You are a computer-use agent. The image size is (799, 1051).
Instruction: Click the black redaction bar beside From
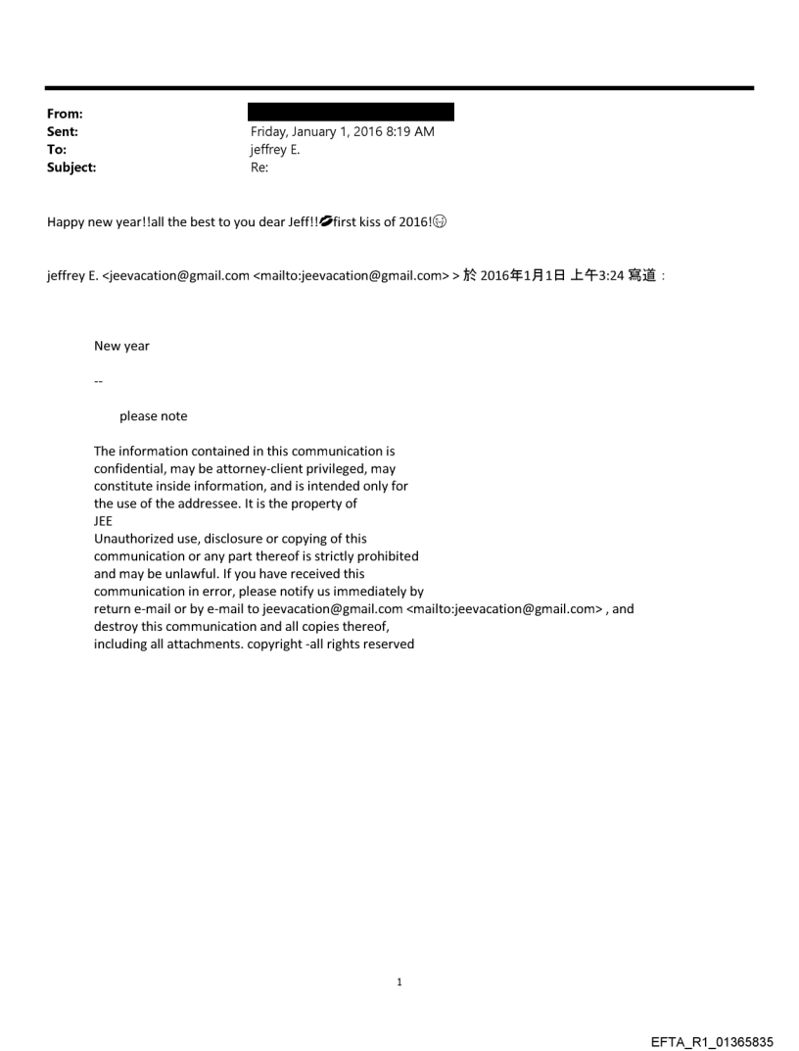[x=352, y=112]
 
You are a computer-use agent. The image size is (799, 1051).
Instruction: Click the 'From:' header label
[x=65, y=114]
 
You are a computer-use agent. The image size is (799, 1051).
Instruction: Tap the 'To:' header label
[x=57, y=150]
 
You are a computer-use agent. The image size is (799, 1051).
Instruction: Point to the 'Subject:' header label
[x=71, y=167]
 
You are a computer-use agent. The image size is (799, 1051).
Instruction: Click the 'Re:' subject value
[x=259, y=167]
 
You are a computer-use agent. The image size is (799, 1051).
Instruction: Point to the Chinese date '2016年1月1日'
[x=521, y=276]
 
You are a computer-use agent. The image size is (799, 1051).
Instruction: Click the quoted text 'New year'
[x=121, y=346]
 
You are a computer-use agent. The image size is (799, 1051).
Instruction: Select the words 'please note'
[x=153, y=416]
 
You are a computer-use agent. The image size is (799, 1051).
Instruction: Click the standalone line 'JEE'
[x=103, y=521]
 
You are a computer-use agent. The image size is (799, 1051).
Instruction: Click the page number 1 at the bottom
[x=399, y=982]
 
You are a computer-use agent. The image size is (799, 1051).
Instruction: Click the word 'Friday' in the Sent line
[x=270, y=132]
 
